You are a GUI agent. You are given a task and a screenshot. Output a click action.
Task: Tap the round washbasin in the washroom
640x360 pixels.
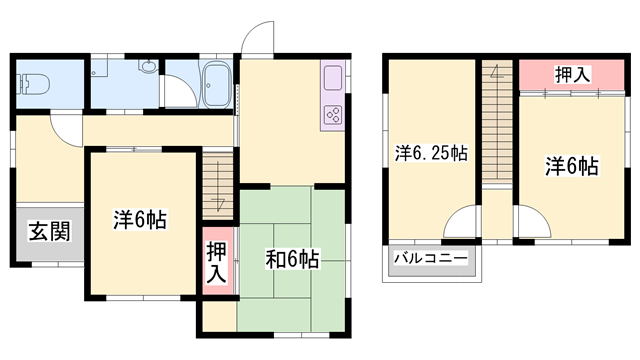147,69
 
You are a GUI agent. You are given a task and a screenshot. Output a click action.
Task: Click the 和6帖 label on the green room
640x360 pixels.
292,260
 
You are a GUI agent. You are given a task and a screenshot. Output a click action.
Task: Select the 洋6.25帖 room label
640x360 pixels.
431,154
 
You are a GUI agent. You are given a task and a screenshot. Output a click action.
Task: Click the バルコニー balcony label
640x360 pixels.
430,259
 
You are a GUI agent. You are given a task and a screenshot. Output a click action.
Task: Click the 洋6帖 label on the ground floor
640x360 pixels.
139,221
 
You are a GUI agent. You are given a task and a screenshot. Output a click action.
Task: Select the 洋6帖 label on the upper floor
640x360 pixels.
571,166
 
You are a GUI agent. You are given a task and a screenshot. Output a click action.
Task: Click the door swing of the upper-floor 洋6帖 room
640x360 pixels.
530,221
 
